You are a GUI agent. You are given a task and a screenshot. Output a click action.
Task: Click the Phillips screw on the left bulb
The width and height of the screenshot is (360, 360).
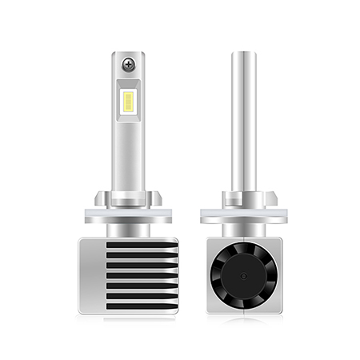coord(128,64)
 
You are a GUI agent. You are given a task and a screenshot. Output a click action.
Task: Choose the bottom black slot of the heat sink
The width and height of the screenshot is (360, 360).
coord(142,304)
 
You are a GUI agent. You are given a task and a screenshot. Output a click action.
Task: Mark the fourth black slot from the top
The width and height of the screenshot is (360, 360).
coord(142,274)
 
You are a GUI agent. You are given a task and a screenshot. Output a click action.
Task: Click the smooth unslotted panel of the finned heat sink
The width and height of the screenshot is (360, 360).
coord(92,276)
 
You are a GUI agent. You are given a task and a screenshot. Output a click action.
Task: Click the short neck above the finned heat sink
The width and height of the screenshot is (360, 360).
coord(128,226)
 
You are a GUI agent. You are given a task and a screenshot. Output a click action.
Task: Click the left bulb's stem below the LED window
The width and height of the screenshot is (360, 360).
coord(128,160)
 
